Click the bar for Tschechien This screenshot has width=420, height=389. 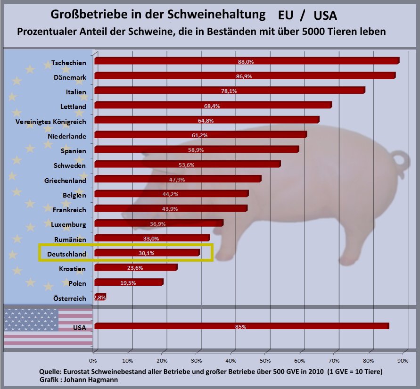coord(247,61)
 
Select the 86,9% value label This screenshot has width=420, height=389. coord(244,76)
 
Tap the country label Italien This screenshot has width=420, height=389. coord(76,91)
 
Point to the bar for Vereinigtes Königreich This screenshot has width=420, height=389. coord(206,120)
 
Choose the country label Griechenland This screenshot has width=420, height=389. coord(66,181)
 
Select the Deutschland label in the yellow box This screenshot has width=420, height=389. coord(67,255)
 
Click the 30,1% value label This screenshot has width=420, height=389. coord(146,253)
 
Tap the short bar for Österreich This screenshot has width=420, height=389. coord(100,297)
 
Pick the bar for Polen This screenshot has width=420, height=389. coord(129,282)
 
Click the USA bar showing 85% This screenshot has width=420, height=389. coord(241,326)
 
